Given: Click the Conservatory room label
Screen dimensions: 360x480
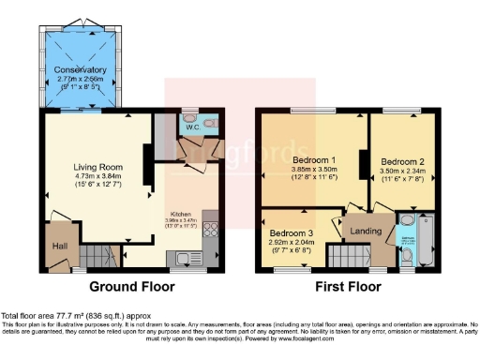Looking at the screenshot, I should coord(79,70).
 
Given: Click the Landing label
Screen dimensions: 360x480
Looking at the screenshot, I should coord(365,231).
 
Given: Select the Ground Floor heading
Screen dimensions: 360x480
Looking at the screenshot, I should coord(130,286).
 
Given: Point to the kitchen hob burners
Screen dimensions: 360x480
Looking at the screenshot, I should coord(214,229).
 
